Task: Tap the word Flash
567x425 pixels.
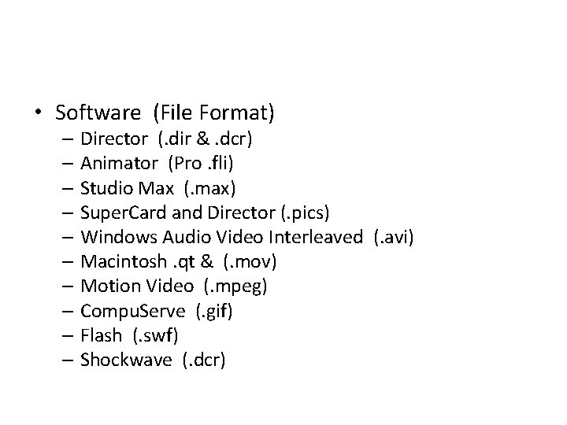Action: (x=102, y=335)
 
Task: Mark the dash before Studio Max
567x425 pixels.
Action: (x=65, y=189)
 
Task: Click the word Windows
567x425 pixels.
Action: (x=116, y=237)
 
